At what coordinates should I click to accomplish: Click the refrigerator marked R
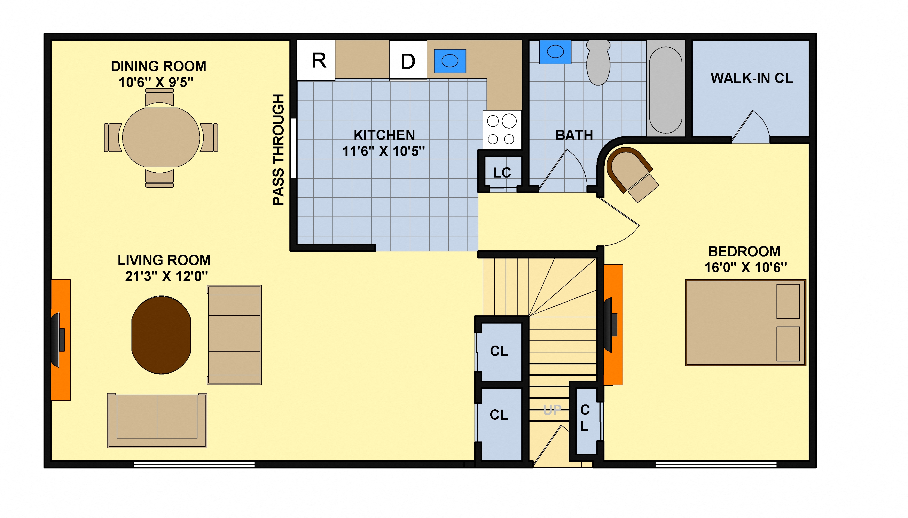(316, 60)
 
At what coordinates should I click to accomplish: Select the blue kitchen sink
(450, 61)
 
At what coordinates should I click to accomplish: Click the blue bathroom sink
(555, 52)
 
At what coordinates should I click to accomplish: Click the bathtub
(665, 89)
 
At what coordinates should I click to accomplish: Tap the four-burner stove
(501, 130)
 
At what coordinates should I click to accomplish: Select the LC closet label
(502, 173)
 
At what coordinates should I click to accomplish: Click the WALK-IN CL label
(751, 78)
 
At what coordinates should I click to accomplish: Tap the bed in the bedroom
(745, 322)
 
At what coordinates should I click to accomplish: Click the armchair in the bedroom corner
(632, 174)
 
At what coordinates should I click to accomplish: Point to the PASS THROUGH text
(279, 150)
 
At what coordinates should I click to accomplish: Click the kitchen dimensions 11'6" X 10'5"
(383, 151)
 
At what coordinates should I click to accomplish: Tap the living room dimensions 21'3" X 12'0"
(166, 276)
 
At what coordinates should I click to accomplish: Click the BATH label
(574, 135)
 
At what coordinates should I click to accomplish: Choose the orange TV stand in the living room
(61, 340)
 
